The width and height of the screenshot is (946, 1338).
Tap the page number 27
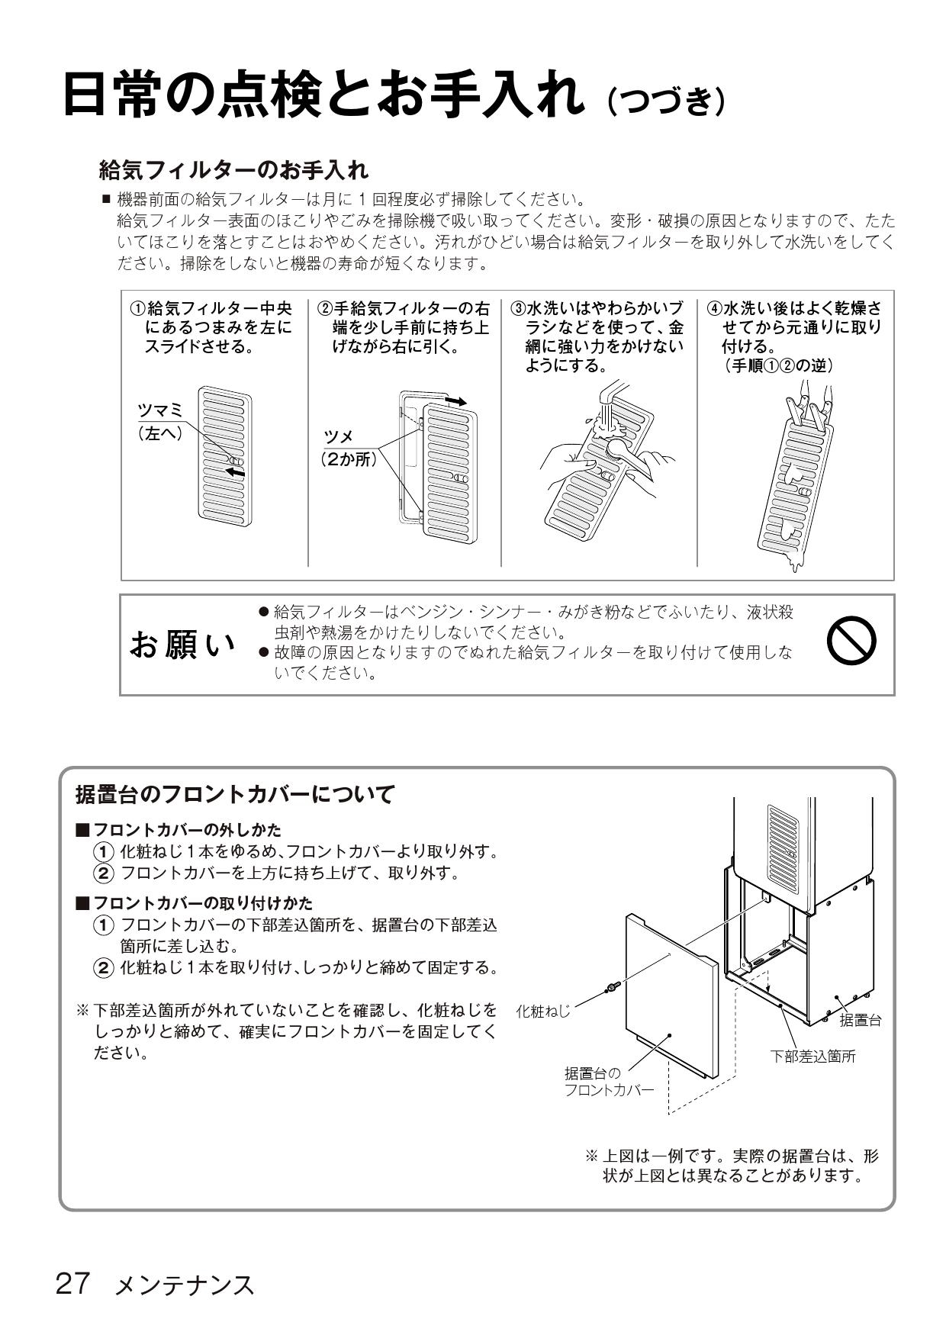73,1283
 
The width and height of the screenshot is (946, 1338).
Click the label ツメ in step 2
339,436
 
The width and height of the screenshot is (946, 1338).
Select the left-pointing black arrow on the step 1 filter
236,473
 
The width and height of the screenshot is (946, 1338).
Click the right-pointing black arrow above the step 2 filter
455,400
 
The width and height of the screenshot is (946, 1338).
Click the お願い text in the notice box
183,645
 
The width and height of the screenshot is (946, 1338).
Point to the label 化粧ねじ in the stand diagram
543,1012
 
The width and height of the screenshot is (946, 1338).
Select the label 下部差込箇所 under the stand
812,1056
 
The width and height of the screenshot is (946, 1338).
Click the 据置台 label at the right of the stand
861,1020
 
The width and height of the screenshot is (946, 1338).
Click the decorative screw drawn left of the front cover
612,989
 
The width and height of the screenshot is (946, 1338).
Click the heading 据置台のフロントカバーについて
235,794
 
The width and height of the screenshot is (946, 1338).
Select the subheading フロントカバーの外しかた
187,829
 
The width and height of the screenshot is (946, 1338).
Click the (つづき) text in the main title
665,100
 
